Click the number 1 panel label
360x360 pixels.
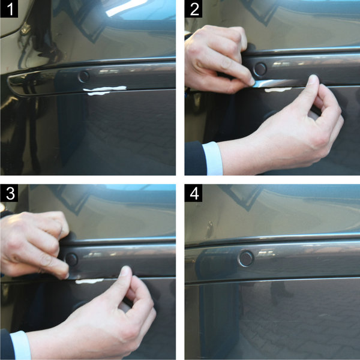point(11,10)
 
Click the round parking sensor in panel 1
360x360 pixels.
point(83,76)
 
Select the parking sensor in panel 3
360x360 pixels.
point(71,259)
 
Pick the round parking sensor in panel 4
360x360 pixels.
point(245,258)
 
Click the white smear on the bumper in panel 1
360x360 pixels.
point(106,90)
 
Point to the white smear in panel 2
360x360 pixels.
point(278,89)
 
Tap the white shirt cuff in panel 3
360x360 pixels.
point(20,346)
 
